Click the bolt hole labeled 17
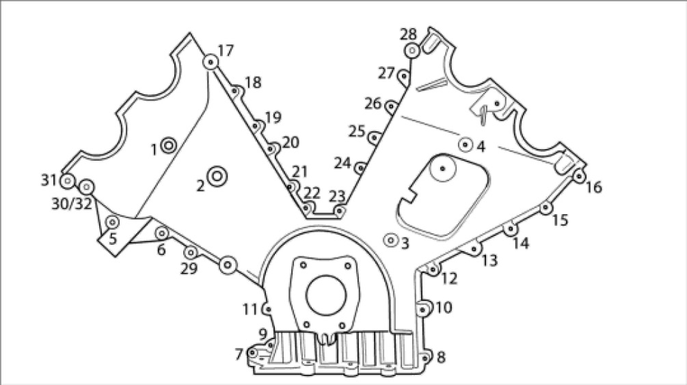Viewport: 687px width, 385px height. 210,63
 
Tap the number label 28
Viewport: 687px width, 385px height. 408,34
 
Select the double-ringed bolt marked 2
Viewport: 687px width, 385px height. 217,176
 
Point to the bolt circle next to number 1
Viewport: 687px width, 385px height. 168,145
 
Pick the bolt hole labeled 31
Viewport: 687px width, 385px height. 67,181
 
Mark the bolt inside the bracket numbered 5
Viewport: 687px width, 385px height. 111,222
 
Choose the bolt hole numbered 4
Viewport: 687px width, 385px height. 466,144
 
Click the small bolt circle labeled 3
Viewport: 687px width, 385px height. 391,240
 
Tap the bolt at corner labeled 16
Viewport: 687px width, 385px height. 579,176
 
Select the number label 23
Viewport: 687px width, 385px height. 337,197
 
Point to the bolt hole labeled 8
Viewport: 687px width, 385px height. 426,357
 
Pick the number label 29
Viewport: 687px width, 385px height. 189,269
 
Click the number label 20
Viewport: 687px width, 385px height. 291,142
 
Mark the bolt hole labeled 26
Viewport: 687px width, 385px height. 391,106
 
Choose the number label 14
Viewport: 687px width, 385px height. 521,243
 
